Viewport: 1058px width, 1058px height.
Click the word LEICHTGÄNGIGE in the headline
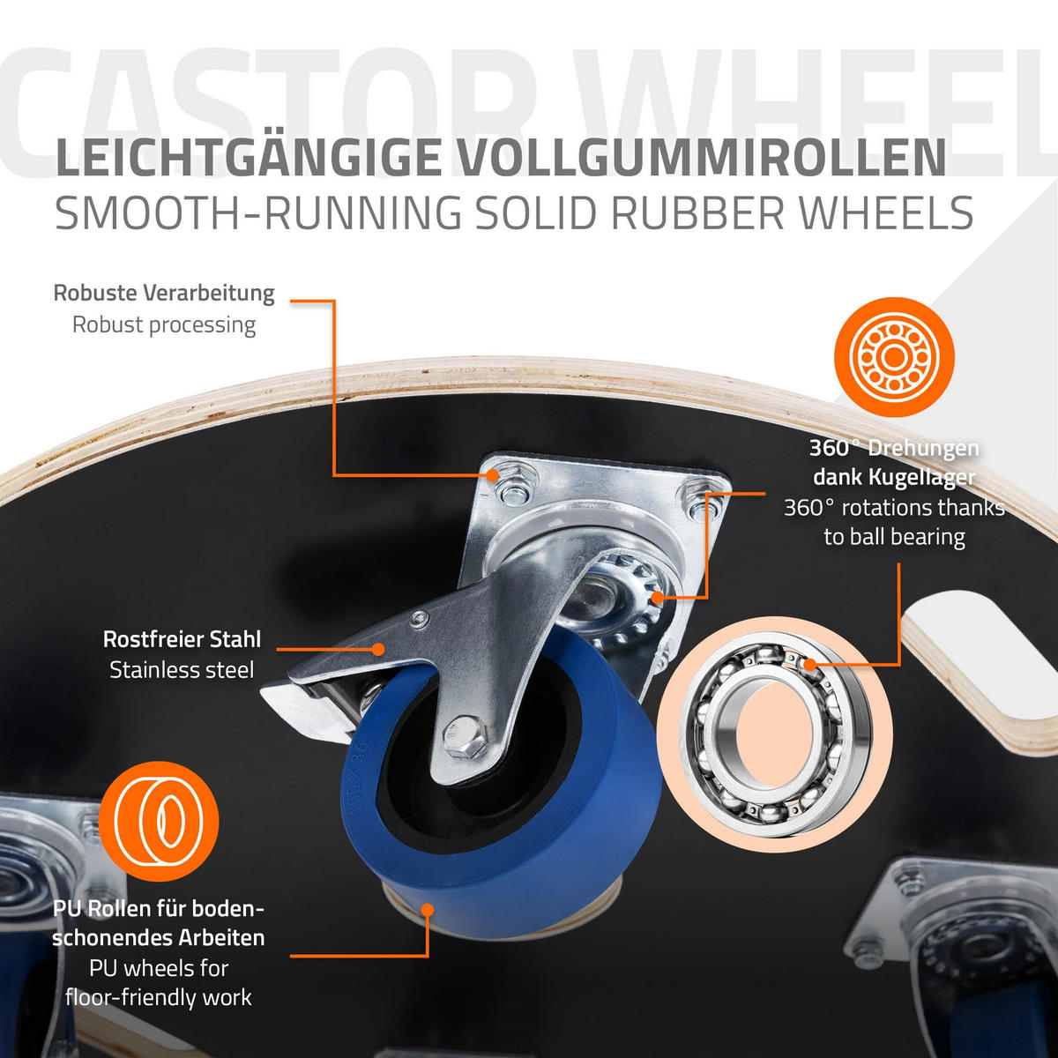point(248,158)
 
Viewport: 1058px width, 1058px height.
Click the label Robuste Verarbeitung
point(164,294)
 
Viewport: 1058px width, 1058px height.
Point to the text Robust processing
point(164,324)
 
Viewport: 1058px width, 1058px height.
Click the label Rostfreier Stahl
point(182,639)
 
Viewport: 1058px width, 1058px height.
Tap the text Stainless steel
point(182,670)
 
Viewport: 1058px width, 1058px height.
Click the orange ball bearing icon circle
point(894,357)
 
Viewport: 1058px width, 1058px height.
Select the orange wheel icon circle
point(159,822)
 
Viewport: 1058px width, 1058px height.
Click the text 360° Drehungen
point(894,449)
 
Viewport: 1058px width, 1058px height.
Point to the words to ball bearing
point(894,538)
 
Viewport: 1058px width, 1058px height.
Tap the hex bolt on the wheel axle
point(465,736)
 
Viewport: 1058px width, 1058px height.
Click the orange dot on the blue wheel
point(427,910)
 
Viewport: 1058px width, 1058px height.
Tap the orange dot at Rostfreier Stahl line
point(377,649)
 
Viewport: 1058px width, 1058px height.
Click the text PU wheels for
point(159,968)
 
